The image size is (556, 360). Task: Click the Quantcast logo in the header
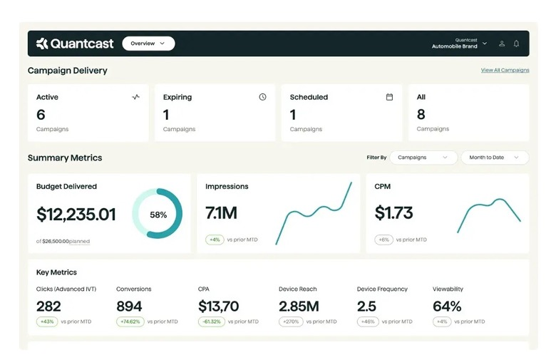point(75,43)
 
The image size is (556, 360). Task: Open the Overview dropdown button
point(148,43)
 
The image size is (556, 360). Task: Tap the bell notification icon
point(516,43)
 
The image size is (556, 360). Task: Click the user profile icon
point(502,43)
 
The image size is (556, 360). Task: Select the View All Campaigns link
point(505,71)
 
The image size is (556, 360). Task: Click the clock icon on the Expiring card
point(262,97)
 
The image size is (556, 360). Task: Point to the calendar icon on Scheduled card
point(389,97)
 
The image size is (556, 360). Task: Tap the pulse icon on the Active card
point(135,97)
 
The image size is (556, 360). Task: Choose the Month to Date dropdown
point(494,158)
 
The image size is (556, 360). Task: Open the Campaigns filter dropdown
point(423,158)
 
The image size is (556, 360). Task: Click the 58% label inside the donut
point(158,215)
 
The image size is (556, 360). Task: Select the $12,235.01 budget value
point(76,215)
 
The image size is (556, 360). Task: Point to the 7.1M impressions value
point(221,213)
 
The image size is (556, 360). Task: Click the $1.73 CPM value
point(394,213)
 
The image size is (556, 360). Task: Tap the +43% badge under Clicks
point(47,322)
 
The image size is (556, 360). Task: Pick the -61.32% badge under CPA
point(212,322)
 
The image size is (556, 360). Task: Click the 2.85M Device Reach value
point(299,307)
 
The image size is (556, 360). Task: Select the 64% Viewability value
point(447,307)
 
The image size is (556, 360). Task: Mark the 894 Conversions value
point(129,307)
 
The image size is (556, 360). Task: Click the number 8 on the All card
point(421,115)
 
